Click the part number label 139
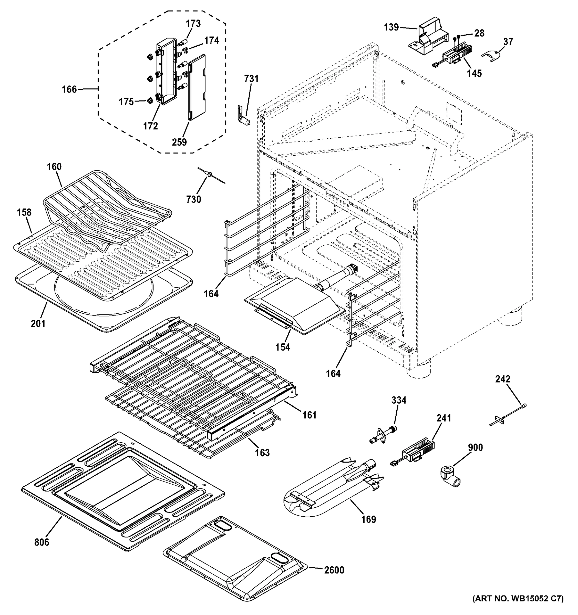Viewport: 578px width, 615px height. coord(391,27)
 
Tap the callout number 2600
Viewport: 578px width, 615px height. coord(334,570)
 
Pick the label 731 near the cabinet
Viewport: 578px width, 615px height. coord(251,79)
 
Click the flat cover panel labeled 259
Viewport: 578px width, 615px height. coord(197,87)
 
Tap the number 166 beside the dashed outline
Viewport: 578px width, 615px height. coord(69,89)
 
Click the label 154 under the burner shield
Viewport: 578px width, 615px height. coord(283,347)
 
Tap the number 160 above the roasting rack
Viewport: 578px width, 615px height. coord(54,167)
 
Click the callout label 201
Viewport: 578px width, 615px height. coord(38,324)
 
